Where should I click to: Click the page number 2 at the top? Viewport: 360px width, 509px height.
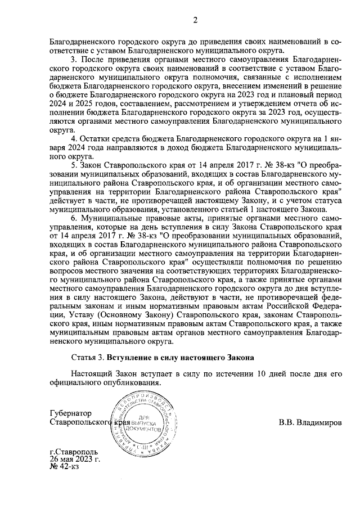coord(195,21)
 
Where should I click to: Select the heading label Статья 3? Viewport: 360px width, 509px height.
coord(88,357)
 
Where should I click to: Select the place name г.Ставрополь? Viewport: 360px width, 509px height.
coord(74,451)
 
